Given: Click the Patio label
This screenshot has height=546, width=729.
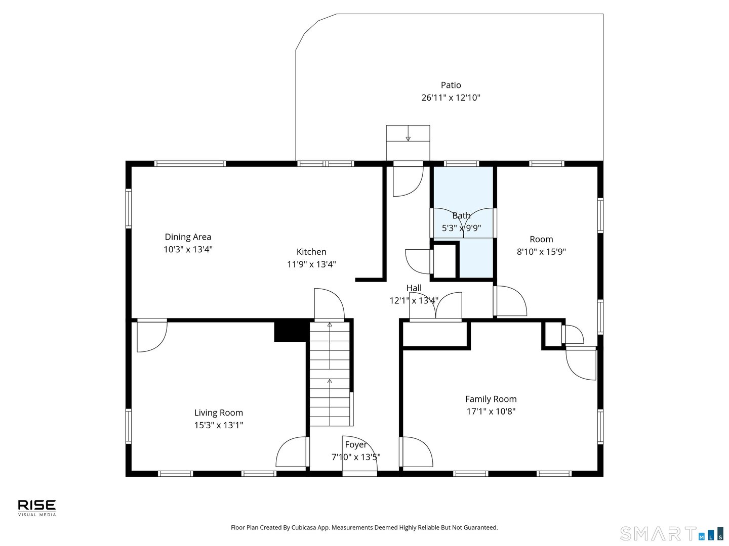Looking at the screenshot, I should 451,85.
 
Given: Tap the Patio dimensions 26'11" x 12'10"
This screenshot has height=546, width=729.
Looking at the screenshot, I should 451,98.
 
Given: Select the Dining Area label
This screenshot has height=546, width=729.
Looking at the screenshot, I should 188,237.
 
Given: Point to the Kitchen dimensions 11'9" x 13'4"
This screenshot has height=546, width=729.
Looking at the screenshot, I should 311,264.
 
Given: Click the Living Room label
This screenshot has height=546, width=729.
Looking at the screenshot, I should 218,413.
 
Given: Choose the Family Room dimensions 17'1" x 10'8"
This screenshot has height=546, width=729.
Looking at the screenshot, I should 491,411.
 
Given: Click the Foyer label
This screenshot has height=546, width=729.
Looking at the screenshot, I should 355,444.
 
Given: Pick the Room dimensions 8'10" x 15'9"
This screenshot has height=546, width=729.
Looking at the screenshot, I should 541,251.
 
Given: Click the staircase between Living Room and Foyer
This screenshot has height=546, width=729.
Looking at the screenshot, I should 330,374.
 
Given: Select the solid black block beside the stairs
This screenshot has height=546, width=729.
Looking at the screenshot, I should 291,332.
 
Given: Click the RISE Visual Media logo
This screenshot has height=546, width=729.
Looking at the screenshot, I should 37,507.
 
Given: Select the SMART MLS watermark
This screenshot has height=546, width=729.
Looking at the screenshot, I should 671,533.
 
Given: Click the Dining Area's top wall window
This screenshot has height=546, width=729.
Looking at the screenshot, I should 190,163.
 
